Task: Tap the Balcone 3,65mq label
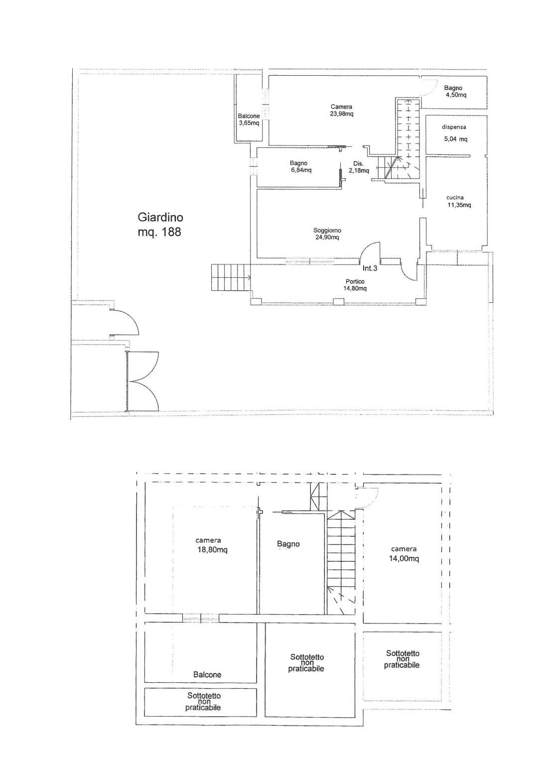coord(249,120)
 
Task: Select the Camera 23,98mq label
coord(342,110)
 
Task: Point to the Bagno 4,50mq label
coord(455,92)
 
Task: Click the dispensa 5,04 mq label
coord(454,133)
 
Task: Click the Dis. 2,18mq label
coord(359,167)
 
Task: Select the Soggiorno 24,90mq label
coord(327,234)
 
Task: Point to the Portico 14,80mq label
coord(355,285)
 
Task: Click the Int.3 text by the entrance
coord(370,268)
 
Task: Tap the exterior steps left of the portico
coord(231,277)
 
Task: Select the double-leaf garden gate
coord(142,382)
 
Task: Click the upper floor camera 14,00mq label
coord(404,554)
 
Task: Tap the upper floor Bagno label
coord(288,544)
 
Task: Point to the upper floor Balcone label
coord(207,674)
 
